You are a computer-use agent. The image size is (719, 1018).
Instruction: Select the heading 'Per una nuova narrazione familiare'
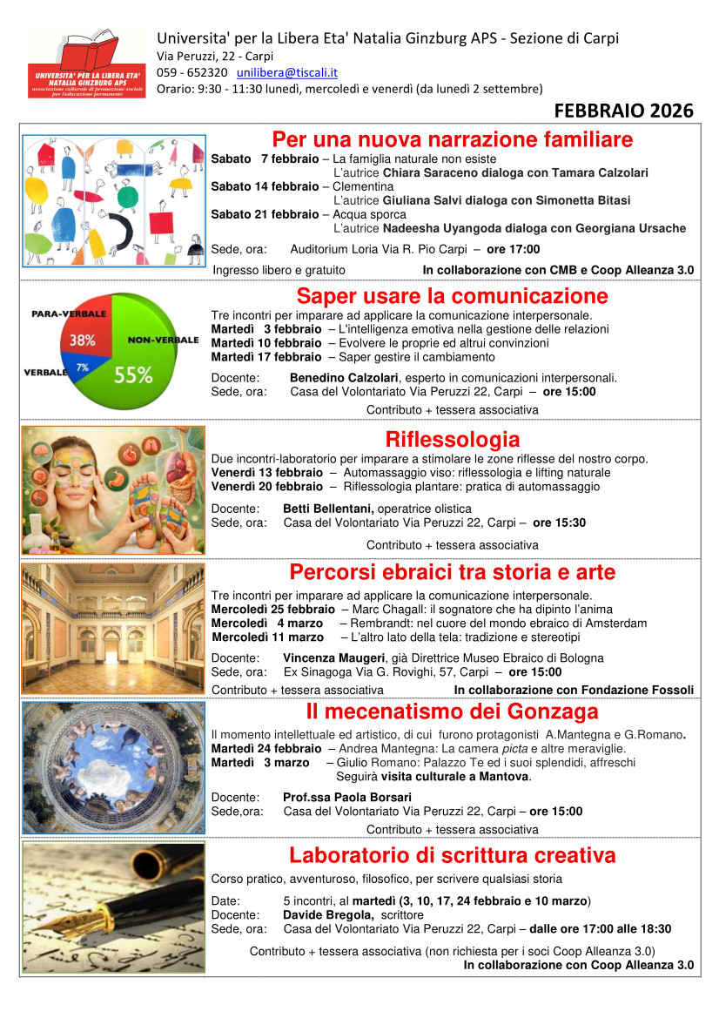[x=452, y=139]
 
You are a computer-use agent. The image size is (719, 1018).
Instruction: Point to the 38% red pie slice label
[x=83, y=340]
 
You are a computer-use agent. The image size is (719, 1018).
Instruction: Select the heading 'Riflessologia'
[x=452, y=439]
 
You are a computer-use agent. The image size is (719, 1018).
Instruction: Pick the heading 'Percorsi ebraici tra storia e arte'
[x=452, y=572]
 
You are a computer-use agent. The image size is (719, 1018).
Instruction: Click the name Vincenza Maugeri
[x=333, y=658]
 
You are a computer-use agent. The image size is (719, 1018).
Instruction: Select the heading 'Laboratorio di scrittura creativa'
[x=452, y=855]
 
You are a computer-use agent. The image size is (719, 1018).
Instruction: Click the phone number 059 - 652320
[x=192, y=72]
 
